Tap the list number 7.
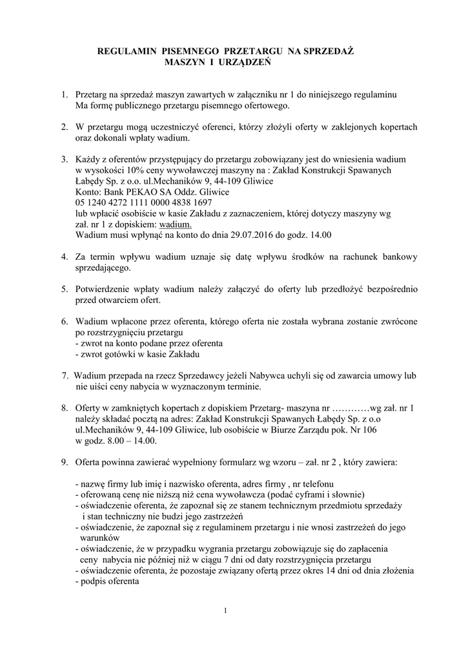coord(65,376)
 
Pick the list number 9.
coord(65,463)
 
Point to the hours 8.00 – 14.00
coord(127,441)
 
